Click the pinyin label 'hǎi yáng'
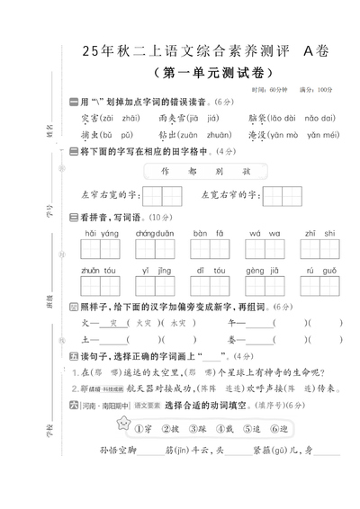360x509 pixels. click(102, 233)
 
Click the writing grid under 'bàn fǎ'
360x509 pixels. click(208, 248)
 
